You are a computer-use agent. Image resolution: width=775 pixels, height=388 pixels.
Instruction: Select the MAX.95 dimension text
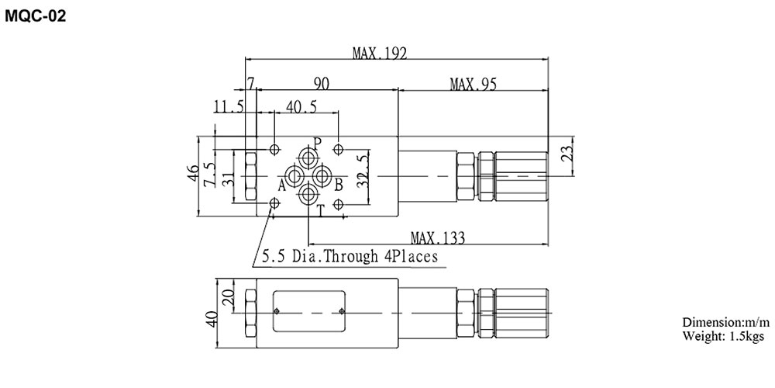click(x=473, y=83)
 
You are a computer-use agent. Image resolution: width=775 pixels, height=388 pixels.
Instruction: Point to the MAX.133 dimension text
click(x=443, y=237)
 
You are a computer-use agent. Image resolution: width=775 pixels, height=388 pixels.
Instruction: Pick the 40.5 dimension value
click(x=301, y=106)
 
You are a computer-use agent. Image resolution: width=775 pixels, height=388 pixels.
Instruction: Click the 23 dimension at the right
click(x=568, y=153)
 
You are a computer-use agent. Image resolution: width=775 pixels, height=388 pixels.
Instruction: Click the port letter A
click(x=282, y=185)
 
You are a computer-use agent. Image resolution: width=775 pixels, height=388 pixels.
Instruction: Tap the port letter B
click(x=338, y=185)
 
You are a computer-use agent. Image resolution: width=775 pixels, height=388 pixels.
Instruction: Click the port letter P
click(x=316, y=143)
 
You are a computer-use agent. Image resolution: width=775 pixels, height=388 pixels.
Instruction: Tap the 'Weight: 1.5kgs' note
click(x=723, y=336)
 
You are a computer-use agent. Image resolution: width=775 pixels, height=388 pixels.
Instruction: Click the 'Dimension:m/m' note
click(x=725, y=322)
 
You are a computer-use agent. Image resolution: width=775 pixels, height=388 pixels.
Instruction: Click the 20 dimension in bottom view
click(x=227, y=300)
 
